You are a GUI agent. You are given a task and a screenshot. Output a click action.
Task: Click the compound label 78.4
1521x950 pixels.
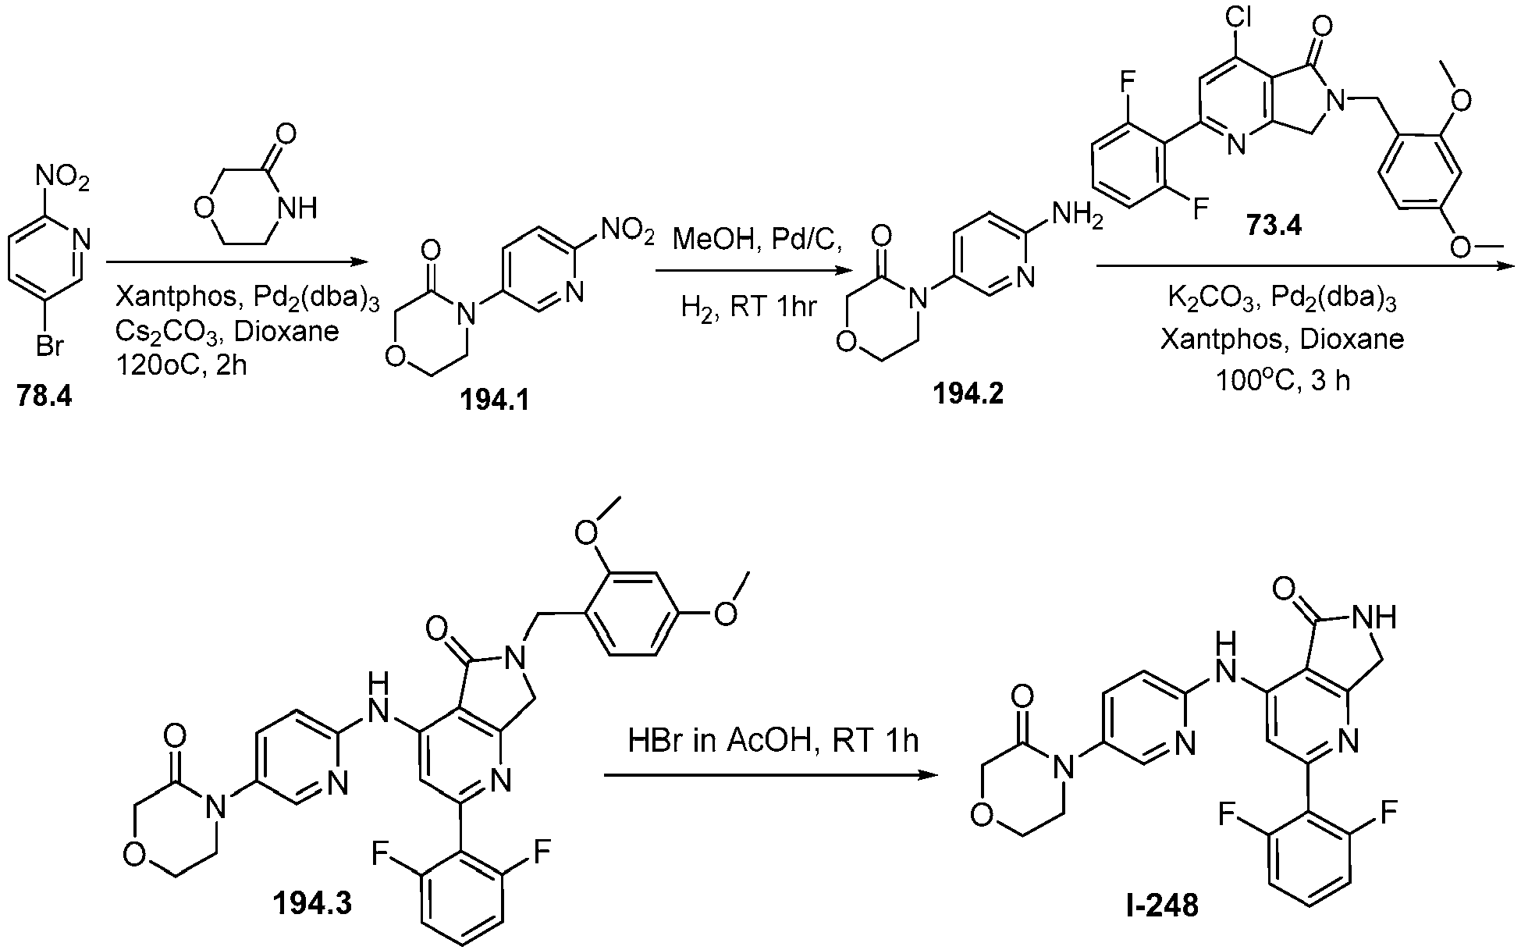(44, 397)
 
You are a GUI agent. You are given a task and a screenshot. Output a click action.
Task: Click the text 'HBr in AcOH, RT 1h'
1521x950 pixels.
(773, 741)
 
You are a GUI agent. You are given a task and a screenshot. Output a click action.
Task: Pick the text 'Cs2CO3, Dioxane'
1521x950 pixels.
(226, 333)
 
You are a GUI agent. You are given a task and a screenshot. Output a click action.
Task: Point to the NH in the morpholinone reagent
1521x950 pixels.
(297, 208)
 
